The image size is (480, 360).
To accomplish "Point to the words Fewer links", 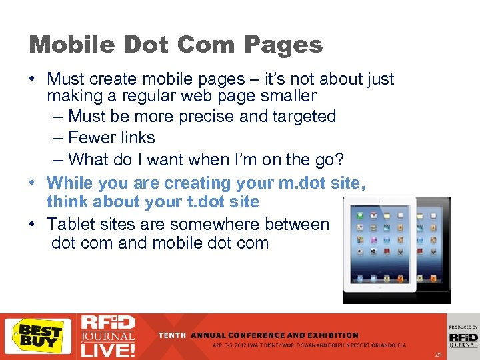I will [111, 138].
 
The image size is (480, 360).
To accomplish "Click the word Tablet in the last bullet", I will [71, 224].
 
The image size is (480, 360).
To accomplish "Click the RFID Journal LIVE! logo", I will [107, 336].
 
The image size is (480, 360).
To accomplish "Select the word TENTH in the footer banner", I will [173, 335].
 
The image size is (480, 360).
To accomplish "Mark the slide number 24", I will [437, 353].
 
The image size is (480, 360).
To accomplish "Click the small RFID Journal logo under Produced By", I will [463, 339].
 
